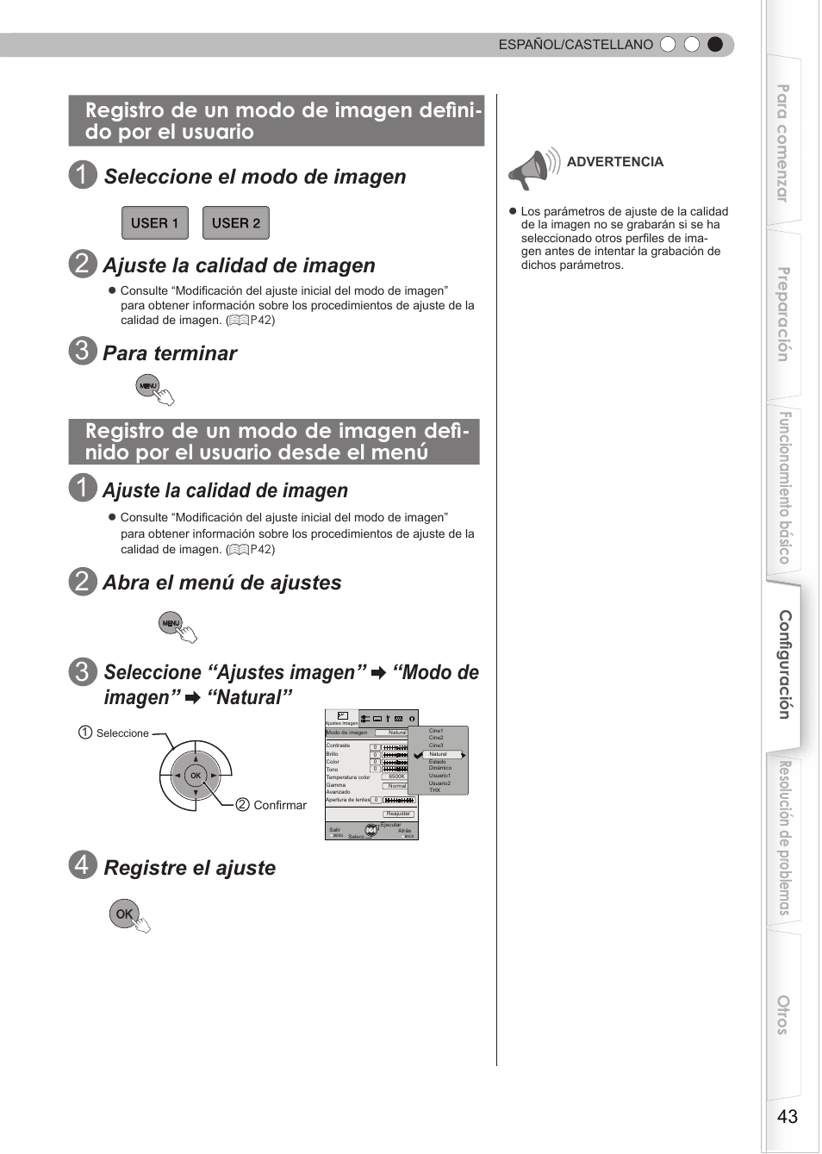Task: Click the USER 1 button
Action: point(154,223)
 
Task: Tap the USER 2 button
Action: point(235,223)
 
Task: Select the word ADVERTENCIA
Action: point(614,162)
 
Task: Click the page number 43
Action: point(787,1116)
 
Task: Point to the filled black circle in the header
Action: point(715,45)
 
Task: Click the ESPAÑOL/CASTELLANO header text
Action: point(576,45)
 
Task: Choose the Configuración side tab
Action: point(785,664)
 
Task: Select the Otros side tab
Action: point(783,1014)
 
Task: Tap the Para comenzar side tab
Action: point(783,142)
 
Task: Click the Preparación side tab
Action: point(783,315)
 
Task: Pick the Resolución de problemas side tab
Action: point(784,838)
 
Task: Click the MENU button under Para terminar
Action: point(148,386)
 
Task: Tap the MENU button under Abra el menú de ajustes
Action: point(171,623)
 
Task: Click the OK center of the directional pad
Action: point(196,776)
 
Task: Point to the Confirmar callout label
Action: point(279,805)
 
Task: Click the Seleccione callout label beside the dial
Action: point(122,733)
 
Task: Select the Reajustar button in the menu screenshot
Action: point(398,814)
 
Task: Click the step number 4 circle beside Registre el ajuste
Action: point(82,864)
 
